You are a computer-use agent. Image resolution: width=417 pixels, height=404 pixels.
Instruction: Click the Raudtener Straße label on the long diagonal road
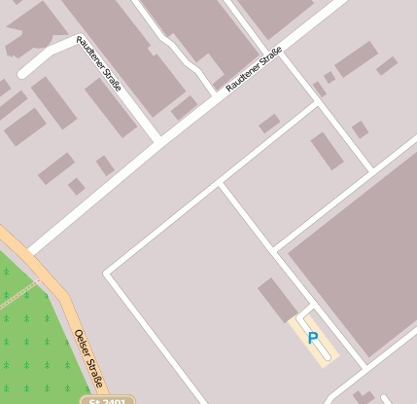[254, 71]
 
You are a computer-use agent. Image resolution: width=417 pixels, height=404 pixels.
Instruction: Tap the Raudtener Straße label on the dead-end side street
[99, 64]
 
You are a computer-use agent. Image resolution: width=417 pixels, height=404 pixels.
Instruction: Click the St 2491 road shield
[106, 399]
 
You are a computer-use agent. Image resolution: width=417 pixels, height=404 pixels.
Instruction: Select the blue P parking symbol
[312, 338]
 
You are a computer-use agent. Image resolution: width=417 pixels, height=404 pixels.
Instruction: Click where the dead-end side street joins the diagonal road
[156, 135]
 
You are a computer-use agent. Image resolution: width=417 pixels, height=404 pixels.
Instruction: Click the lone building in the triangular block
[327, 151]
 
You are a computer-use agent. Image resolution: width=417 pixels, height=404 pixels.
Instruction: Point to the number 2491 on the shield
[113, 400]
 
